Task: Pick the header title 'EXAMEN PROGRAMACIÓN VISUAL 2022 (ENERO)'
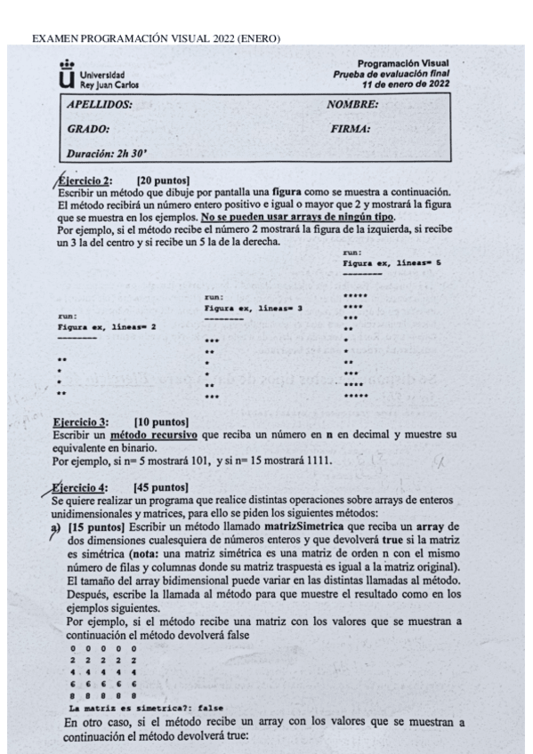[x=156, y=38]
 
